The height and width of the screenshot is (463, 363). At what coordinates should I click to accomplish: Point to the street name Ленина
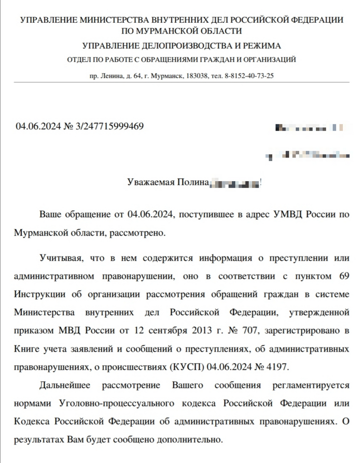click(113, 76)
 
